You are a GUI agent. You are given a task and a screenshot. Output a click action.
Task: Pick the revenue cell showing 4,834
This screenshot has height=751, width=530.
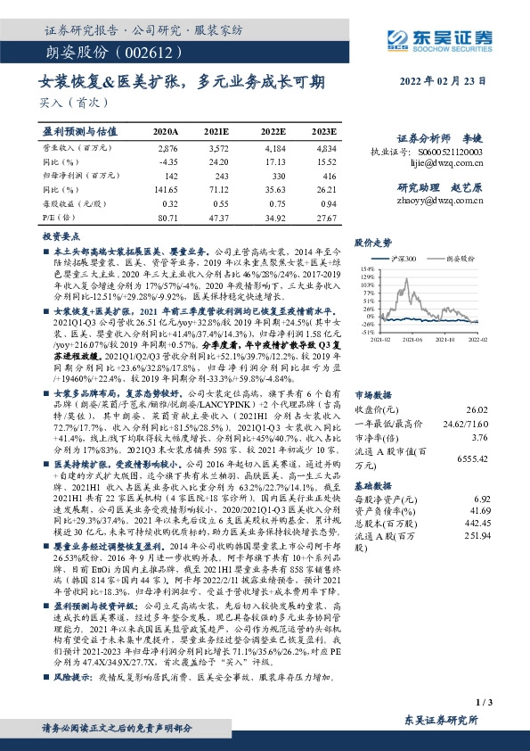coord(326,147)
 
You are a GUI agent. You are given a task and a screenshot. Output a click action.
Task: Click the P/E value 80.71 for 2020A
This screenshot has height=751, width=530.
coord(167,217)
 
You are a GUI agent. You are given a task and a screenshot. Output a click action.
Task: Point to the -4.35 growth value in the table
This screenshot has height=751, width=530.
coord(167,161)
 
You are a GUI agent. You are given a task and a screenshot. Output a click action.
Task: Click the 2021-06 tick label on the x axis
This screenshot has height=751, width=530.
coord(413,340)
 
